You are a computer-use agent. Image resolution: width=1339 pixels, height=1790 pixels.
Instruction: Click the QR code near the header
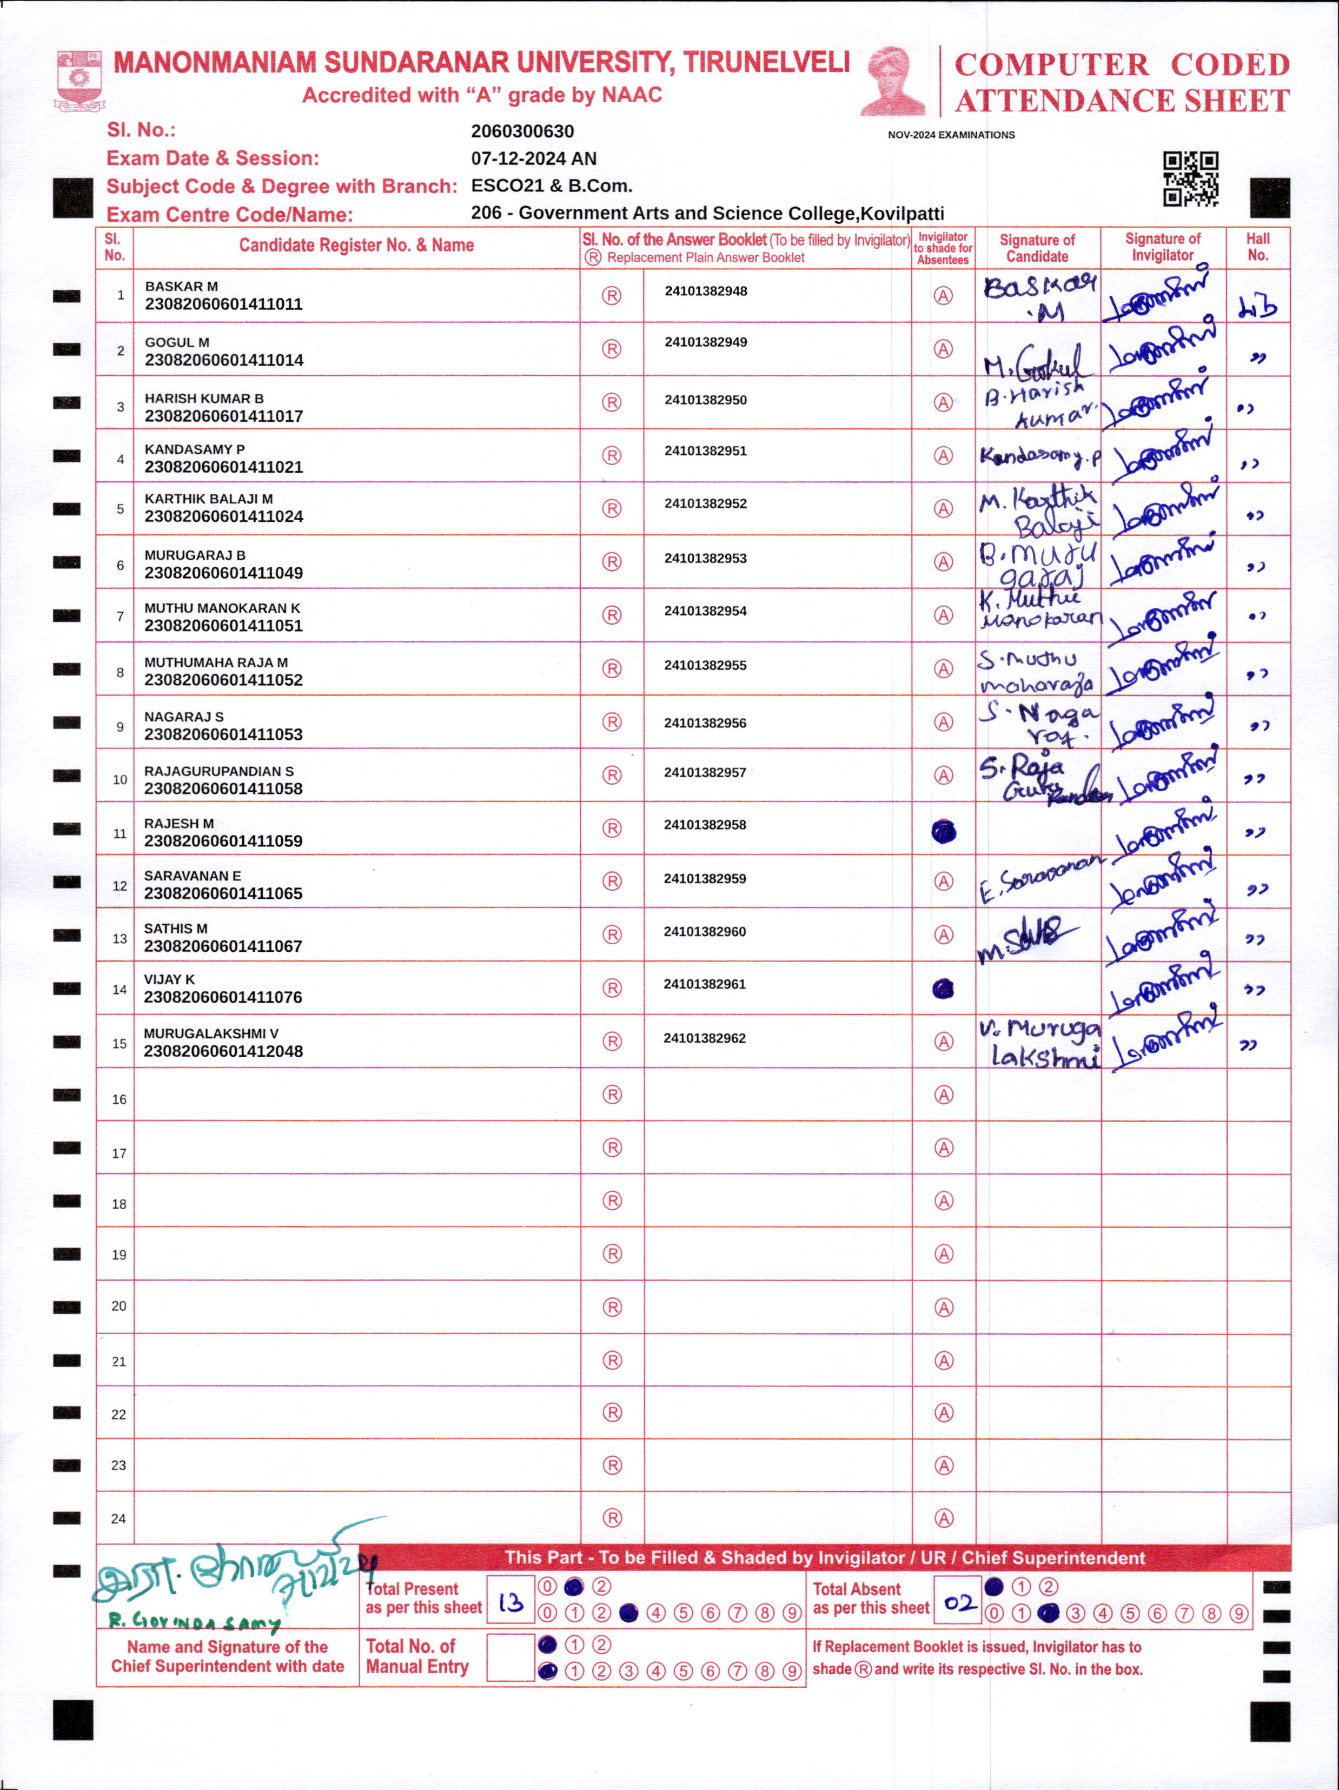(1190, 179)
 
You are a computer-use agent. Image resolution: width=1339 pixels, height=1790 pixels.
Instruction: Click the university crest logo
(78, 80)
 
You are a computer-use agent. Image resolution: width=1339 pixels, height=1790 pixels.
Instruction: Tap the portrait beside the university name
(893, 81)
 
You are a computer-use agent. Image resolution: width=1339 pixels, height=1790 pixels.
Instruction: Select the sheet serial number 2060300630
(522, 131)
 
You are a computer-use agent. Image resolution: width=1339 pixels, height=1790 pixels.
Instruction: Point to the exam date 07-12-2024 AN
(533, 158)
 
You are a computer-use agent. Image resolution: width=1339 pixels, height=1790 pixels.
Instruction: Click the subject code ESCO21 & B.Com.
(551, 186)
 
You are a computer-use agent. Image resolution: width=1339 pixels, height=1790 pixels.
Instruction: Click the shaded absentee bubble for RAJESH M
(943, 831)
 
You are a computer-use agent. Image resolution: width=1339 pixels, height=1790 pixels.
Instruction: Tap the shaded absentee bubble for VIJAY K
(943, 989)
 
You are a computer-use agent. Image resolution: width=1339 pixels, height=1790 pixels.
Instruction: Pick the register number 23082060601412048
(223, 1051)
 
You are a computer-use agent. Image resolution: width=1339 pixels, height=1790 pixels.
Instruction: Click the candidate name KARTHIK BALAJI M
(209, 499)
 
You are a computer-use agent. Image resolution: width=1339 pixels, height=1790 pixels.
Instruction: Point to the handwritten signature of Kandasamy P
(1039, 457)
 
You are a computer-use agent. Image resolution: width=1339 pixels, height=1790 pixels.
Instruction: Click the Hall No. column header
(1257, 247)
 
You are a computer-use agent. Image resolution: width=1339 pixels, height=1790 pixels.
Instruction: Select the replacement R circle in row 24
(613, 1518)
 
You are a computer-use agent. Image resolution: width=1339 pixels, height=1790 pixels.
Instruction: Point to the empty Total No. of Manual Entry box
(510, 1658)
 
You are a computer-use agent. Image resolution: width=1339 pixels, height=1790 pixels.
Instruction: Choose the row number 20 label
(119, 1306)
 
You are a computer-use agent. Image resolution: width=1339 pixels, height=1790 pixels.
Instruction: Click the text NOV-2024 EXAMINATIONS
(951, 135)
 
